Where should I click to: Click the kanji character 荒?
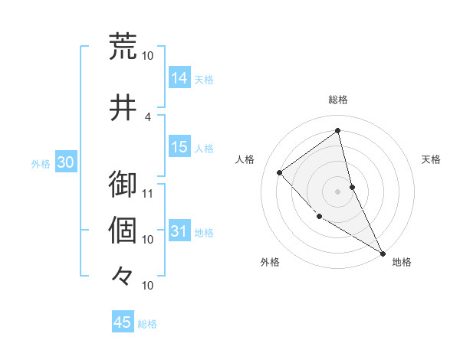123,47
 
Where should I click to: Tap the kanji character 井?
123,108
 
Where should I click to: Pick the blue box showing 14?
179,77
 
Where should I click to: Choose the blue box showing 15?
179,147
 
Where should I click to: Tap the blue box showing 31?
179,231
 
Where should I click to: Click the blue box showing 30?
65,162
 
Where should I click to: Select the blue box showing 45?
123,322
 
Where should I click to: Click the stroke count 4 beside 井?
148,116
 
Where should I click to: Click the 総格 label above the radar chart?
338,100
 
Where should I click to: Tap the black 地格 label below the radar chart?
402,262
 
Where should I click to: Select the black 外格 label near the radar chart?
270,262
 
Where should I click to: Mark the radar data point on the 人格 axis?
280,172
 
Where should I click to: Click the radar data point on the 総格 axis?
338,131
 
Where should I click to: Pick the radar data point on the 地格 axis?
383,253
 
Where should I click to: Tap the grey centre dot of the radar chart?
338,191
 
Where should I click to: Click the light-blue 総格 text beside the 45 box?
147,323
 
